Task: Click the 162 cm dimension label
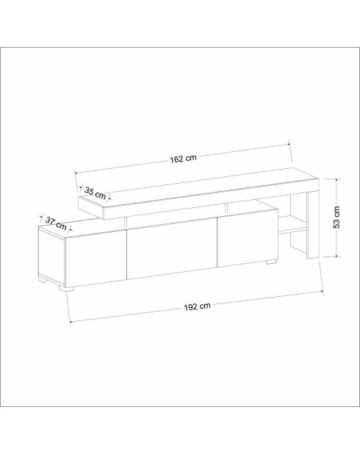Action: click(x=183, y=159)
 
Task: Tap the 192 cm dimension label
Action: click(x=197, y=306)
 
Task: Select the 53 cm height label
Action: click(x=336, y=217)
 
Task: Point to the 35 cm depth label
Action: click(x=96, y=193)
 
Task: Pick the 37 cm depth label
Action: click(x=56, y=223)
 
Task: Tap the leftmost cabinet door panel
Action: click(x=96, y=258)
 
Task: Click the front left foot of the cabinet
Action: click(x=66, y=289)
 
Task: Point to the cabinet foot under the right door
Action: click(x=271, y=262)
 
